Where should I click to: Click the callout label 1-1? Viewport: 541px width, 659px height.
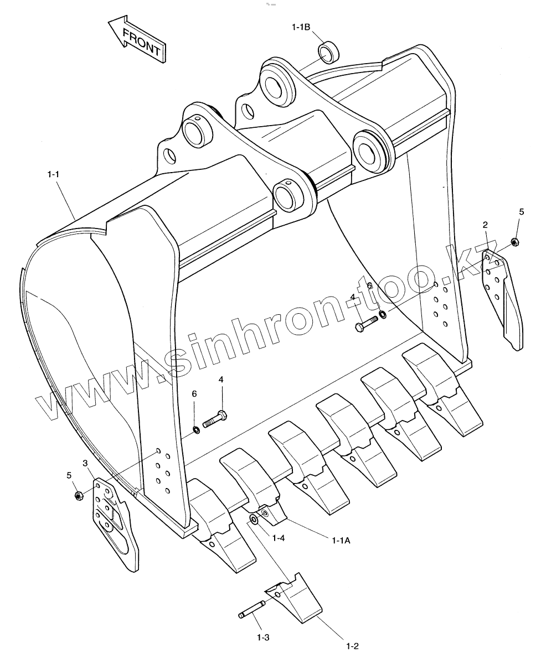(x=53, y=174)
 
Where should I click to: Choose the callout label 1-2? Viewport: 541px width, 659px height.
(x=352, y=646)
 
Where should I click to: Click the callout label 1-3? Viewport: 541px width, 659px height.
(x=263, y=637)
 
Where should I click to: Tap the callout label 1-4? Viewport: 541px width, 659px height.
(x=279, y=537)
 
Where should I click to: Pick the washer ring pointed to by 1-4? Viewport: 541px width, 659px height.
(x=254, y=519)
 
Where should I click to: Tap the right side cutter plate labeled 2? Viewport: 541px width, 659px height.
(x=503, y=299)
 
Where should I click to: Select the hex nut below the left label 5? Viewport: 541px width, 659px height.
(x=78, y=495)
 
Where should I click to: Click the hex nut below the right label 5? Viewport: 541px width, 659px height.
(x=514, y=241)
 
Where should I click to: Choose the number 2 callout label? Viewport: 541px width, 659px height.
(x=485, y=225)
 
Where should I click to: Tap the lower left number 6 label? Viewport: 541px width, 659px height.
(x=194, y=393)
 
